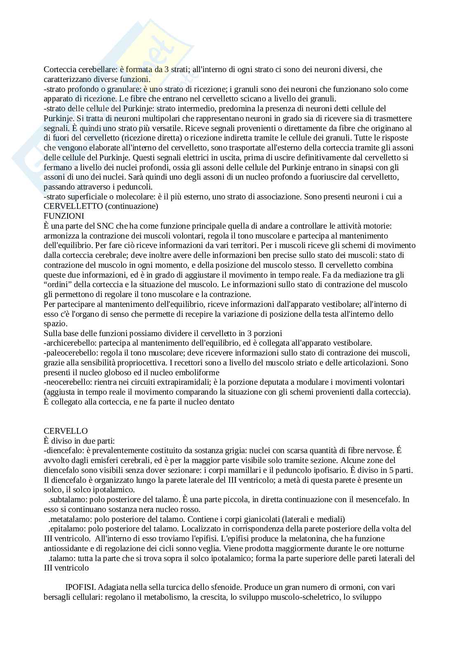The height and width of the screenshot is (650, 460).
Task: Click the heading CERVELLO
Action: click(66, 431)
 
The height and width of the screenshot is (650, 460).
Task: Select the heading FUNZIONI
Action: click(64, 216)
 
